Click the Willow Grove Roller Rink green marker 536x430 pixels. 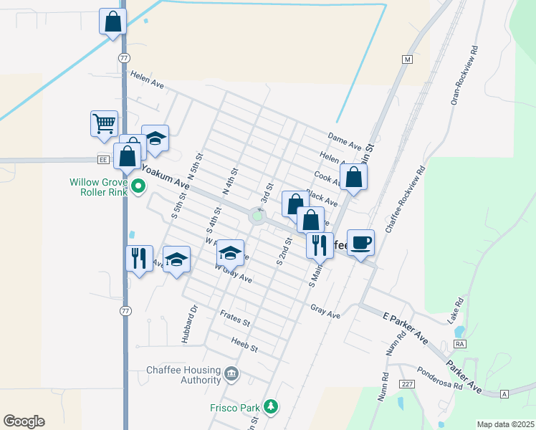(x=140, y=188)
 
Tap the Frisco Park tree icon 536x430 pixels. (x=270, y=407)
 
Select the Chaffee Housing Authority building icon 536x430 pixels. (x=231, y=373)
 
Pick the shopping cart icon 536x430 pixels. (x=104, y=123)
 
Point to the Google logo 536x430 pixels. (x=24, y=421)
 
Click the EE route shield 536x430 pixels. (x=105, y=160)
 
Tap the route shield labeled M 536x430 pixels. (x=408, y=59)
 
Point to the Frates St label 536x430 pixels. (x=234, y=322)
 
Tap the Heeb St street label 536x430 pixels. (x=244, y=347)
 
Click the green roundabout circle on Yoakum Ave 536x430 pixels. (x=257, y=216)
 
